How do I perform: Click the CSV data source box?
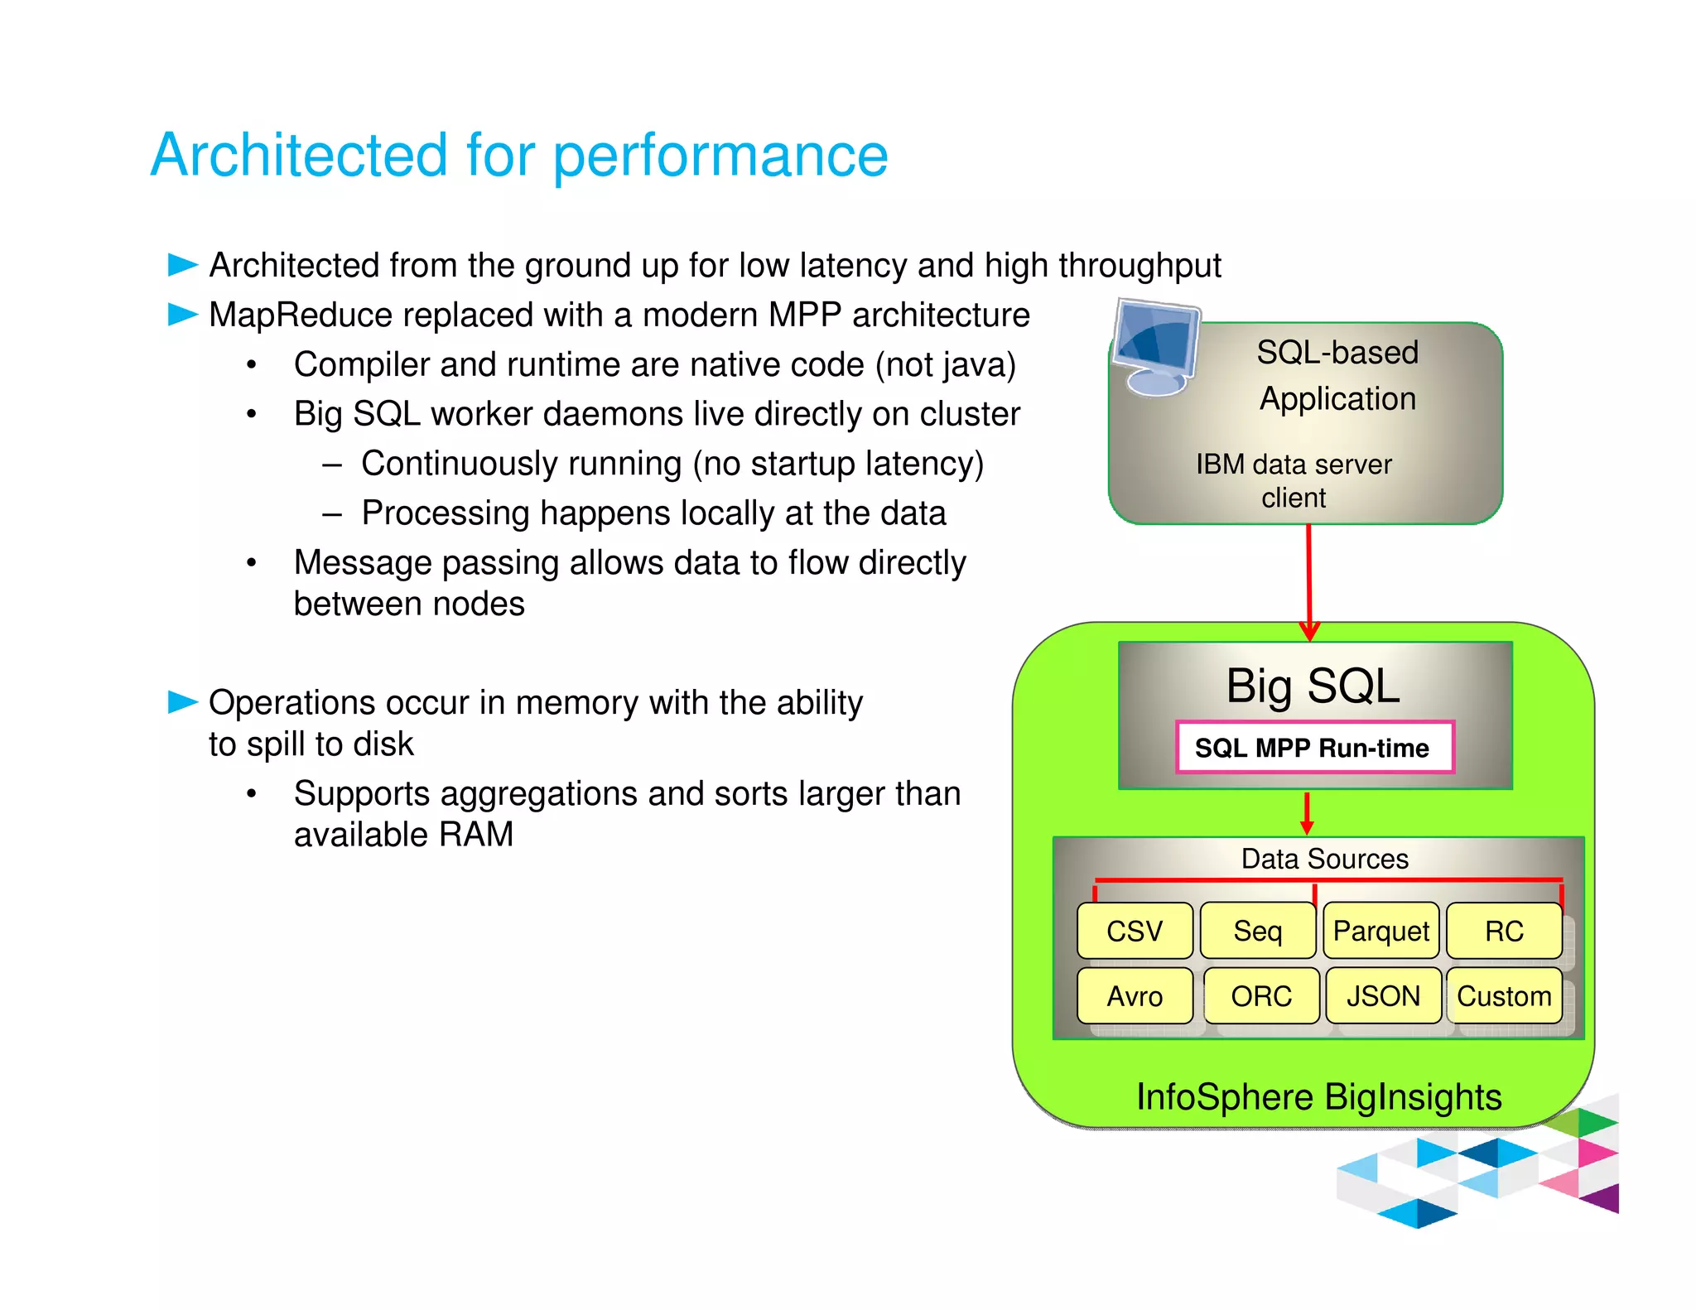click(x=1134, y=931)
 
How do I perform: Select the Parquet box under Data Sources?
click(x=1380, y=931)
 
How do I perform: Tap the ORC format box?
click(x=1260, y=995)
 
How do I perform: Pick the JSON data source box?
click(x=1383, y=995)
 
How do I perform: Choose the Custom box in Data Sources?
click(x=1504, y=995)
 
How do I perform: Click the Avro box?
click(x=1134, y=995)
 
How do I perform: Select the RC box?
click(x=1504, y=931)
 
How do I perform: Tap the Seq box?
click(x=1257, y=931)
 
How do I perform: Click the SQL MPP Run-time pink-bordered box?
click(x=1314, y=748)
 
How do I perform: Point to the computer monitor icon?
click(x=1154, y=348)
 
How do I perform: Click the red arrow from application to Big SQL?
click(x=1308, y=580)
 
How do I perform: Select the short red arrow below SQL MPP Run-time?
click(x=1307, y=813)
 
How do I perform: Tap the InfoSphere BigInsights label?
click(x=1318, y=1096)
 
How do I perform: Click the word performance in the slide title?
click(x=720, y=156)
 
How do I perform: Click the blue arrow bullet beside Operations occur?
click(x=182, y=702)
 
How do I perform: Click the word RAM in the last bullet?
click(x=475, y=835)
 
